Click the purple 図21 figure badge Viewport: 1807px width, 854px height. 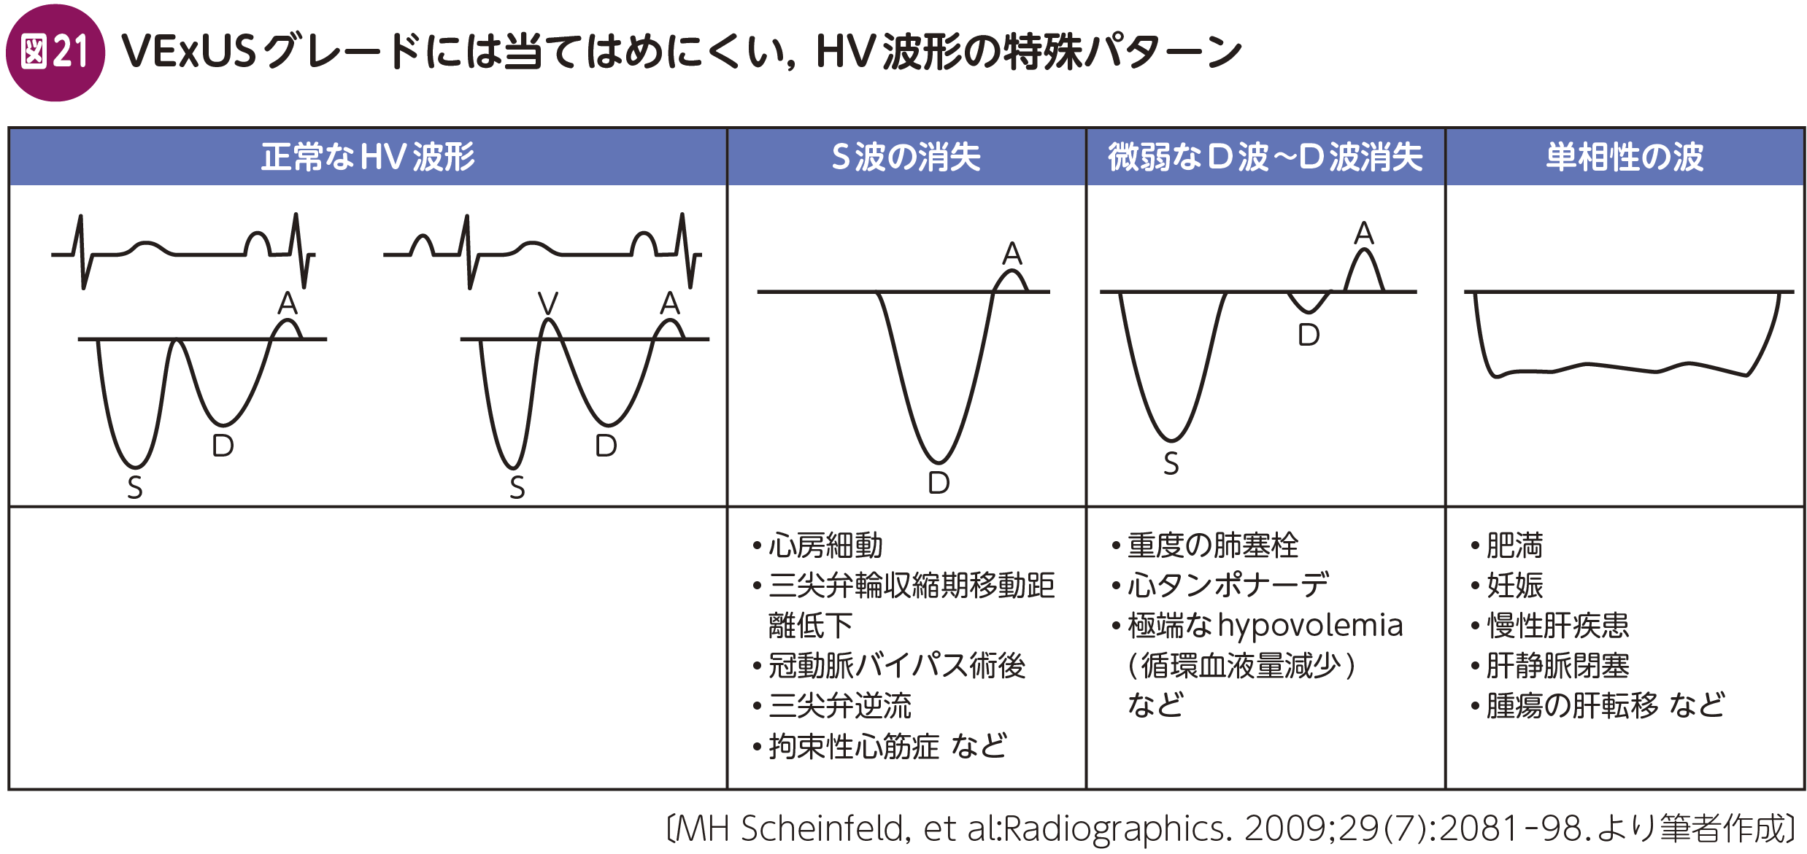55,53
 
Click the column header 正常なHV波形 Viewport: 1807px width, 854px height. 369,157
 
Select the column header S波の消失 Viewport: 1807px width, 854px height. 906,157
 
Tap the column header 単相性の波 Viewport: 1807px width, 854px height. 1625,157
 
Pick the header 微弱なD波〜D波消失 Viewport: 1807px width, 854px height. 1265,157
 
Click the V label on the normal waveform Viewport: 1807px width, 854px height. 547,303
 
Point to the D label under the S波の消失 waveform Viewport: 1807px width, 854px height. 939,483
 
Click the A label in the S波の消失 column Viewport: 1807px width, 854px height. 1012,254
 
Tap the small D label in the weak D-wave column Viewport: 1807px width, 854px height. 1309,335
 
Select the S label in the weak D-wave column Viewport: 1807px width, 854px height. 1171,464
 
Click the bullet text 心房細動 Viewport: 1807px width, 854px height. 825,546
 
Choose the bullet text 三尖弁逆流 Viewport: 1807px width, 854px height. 840,706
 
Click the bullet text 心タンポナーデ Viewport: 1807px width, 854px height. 1228,586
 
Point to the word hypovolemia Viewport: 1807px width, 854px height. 1310,626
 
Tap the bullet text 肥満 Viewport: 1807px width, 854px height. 1515,546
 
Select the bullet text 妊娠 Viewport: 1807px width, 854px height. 1515,586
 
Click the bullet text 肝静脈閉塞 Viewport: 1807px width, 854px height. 1558,666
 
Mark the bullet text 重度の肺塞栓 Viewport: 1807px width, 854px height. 1213,546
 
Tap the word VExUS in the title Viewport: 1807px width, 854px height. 188,52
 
